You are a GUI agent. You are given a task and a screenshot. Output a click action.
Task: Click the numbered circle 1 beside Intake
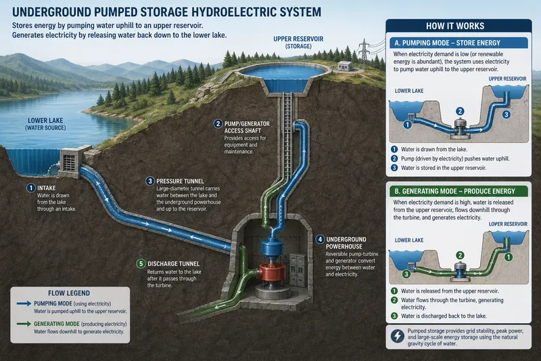tap(30, 188)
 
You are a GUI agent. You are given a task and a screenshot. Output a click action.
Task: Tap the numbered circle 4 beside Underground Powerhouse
tap(320, 239)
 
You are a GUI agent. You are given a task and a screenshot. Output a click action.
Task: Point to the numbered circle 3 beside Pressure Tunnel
tap(149, 181)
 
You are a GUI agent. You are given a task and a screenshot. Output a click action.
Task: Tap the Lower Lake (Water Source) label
tap(43, 123)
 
